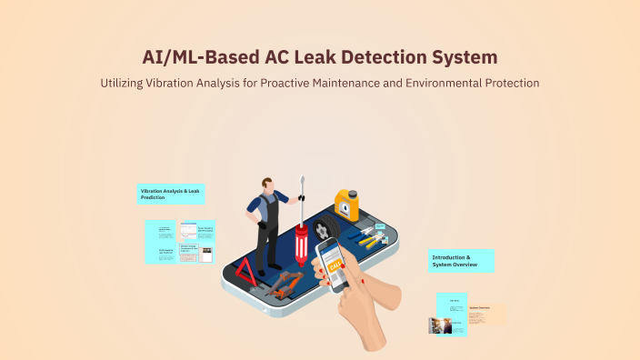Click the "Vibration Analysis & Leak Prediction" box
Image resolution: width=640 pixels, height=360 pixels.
pyautogui.click(x=171, y=194)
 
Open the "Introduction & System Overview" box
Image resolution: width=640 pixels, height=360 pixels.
pyautogui.click(x=462, y=262)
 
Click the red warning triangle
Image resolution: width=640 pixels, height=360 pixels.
pyautogui.click(x=246, y=270)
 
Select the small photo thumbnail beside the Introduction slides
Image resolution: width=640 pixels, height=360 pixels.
pyautogui.click(x=441, y=325)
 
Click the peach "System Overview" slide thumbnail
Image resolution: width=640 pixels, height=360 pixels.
pyautogui.click(x=485, y=314)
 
